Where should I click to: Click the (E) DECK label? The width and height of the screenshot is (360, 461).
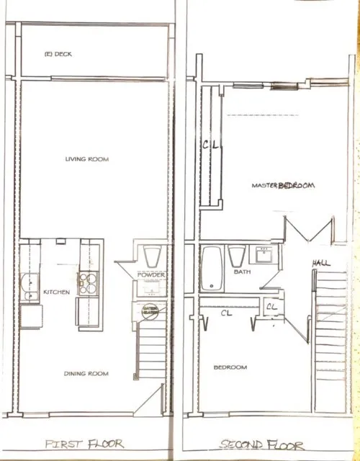pos(58,54)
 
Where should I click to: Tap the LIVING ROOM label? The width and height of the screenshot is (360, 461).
pos(87,159)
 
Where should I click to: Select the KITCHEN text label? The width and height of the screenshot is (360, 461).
pos(56,292)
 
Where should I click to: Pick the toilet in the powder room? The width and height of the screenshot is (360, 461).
pos(153,256)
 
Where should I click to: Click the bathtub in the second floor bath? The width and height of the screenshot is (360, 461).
pos(211,268)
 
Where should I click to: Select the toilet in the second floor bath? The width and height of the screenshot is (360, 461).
pos(236,257)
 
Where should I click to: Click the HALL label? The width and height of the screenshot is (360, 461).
pos(321,264)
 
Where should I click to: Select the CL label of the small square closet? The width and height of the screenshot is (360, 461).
pos(271,306)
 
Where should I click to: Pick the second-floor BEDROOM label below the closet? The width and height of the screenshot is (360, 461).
pos(230,367)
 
